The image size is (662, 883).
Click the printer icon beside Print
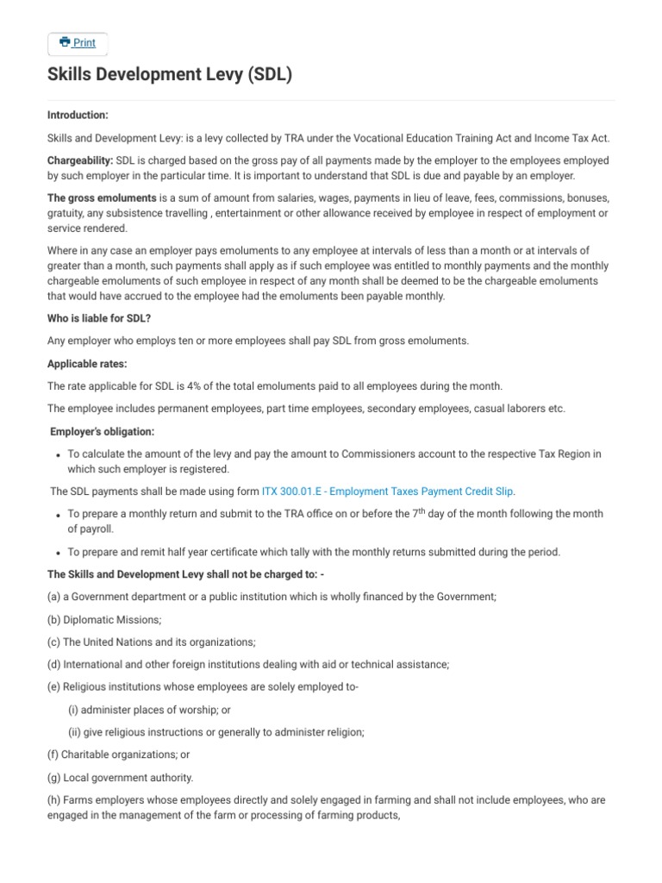65,42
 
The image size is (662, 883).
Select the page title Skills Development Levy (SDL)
170,76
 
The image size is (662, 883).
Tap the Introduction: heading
78,116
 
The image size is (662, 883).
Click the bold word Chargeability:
79,161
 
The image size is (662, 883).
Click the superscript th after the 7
428,510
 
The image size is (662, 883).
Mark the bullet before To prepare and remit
56,552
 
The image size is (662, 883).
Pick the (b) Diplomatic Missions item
104,619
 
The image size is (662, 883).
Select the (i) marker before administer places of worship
72,710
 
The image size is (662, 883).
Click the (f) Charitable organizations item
118,755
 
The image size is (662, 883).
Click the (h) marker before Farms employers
53,800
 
